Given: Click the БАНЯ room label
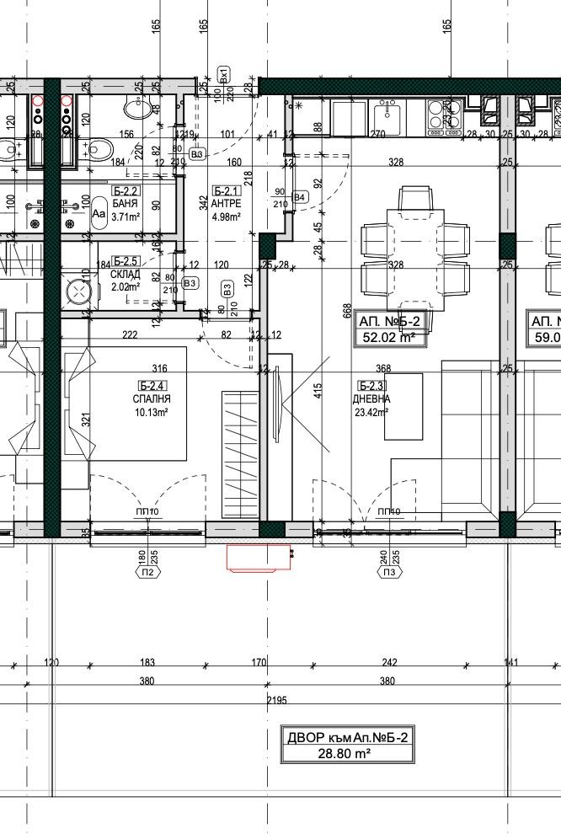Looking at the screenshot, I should pyautogui.click(x=125, y=204).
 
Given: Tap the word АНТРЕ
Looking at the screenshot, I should pyautogui.click(x=227, y=204).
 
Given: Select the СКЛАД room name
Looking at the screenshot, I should pyautogui.click(x=125, y=274).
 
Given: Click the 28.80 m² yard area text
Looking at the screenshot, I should pyautogui.click(x=348, y=754).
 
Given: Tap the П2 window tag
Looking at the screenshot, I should pyautogui.click(x=148, y=573).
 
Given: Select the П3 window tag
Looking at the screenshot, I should pyautogui.click(x=390, y=573).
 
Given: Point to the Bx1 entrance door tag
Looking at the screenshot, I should pyautogui.click(x=224, y=75).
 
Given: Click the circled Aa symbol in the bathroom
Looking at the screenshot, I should pyautogui.click(x=99, y=214).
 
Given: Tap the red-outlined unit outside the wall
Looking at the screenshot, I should pyautogui.click(x=259, y=557).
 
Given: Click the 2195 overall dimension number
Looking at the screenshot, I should pyautogui.click(x=277, y=701).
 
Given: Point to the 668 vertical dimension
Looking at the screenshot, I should pyautogui.click(x=346, y=311).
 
